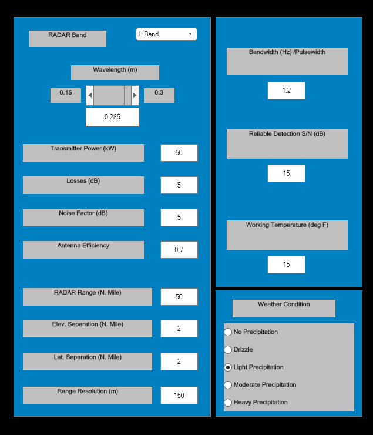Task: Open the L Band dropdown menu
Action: point(166,34)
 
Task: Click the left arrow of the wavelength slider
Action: point(90,95)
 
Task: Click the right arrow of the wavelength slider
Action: point(135,95)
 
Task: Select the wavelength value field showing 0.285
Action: point(112,117)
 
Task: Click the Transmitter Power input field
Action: point(179,153)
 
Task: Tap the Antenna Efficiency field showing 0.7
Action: point(179,250)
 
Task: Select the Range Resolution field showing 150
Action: point(179,396)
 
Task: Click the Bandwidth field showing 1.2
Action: point(286,91)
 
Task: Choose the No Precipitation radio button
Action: point(228,332)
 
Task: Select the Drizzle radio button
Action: point(228,350)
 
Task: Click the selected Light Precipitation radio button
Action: point(228,367)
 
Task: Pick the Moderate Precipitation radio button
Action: point(228,385)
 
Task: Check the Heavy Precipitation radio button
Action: point(228,403)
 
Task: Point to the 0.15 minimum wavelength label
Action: point(66,95)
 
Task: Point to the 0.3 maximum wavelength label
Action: point(159,95)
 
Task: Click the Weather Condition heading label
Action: point(284,308)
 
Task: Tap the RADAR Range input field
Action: point(179,297)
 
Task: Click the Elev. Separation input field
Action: point(179,329)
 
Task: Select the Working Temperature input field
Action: point(286,265)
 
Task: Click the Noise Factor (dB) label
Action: point(83,217)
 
